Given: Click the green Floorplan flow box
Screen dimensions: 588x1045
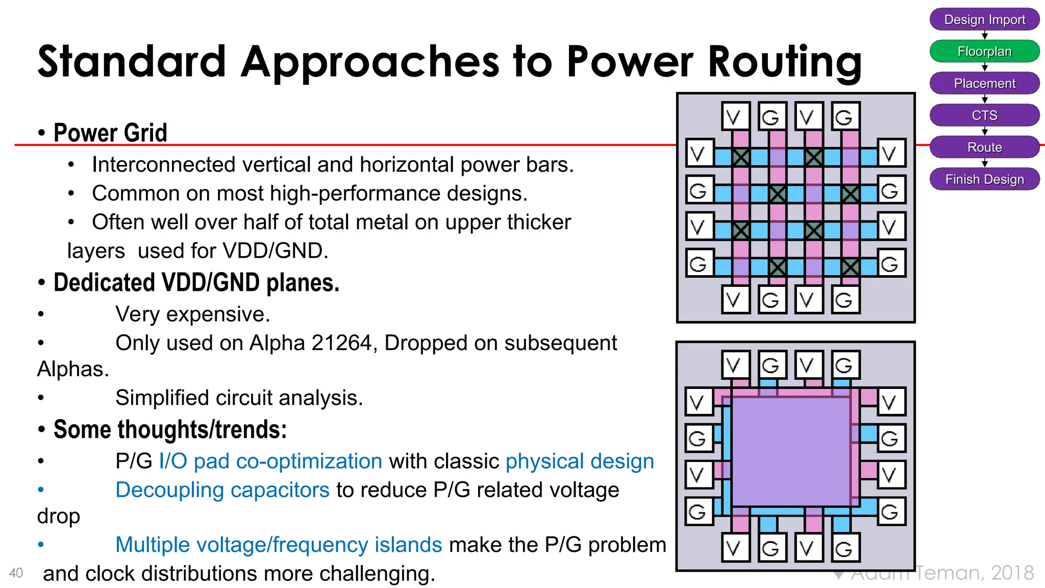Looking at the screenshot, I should pyautogui.click(x=984, y=52).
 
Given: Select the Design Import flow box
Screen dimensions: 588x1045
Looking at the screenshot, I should pyautogui.click(x=984, y=19).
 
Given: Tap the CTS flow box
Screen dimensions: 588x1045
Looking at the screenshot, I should pyautogui.click(x=984, y=115).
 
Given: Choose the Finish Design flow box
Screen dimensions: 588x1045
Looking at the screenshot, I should pyautogui.click(x=984, y=179).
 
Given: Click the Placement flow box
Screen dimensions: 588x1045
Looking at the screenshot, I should pyautogui.click(x=984, y=83).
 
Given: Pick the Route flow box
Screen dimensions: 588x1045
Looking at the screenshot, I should pyautogui.click(x=984, y=148).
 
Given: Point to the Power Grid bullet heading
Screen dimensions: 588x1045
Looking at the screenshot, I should pyautogui.click(x=110, y=133).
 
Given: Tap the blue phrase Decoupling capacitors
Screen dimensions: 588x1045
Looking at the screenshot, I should pyautogui.click(x=222, y=490).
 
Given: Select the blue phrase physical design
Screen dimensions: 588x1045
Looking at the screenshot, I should pyautogui.click(x=580, y=461).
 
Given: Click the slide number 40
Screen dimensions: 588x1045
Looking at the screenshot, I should pyautogui.click(x=16, y=573).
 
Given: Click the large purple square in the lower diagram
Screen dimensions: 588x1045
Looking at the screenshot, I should pyautogui.click(x=790, y=451).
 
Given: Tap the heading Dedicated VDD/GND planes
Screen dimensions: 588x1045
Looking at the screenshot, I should pyautogui.click(x=196, y=283).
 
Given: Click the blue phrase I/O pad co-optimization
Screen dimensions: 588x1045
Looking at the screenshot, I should pyautogui.click(x=270, y=461).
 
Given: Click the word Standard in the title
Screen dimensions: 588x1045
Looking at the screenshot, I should pyautogui.click(x=132, y=62).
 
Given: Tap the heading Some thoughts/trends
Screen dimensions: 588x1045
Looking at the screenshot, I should pyautogui.click(x=170, y=430).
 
